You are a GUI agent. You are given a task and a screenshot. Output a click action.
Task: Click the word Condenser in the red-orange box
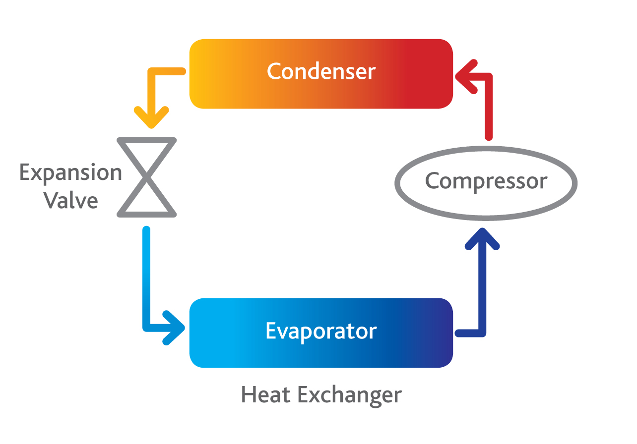tap(321, 72)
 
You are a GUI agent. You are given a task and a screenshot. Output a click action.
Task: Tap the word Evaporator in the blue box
tap(321, 331)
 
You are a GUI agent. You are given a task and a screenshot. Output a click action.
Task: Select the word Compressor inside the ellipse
tap(486, 181)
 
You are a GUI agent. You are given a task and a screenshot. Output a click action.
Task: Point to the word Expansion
tap(70, 173)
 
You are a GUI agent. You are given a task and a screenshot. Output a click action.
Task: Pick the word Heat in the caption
tap(266, 395)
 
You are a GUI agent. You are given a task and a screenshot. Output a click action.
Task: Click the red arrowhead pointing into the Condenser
tap(465, 76)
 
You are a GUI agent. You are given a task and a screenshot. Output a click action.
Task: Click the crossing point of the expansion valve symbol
tap(146, 177)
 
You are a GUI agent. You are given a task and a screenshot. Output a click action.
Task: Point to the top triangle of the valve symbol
tap(146, 154)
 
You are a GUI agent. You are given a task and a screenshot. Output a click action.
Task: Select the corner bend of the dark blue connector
tap(482, 333)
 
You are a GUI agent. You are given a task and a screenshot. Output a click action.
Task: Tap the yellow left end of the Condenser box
tap(198, 73)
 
